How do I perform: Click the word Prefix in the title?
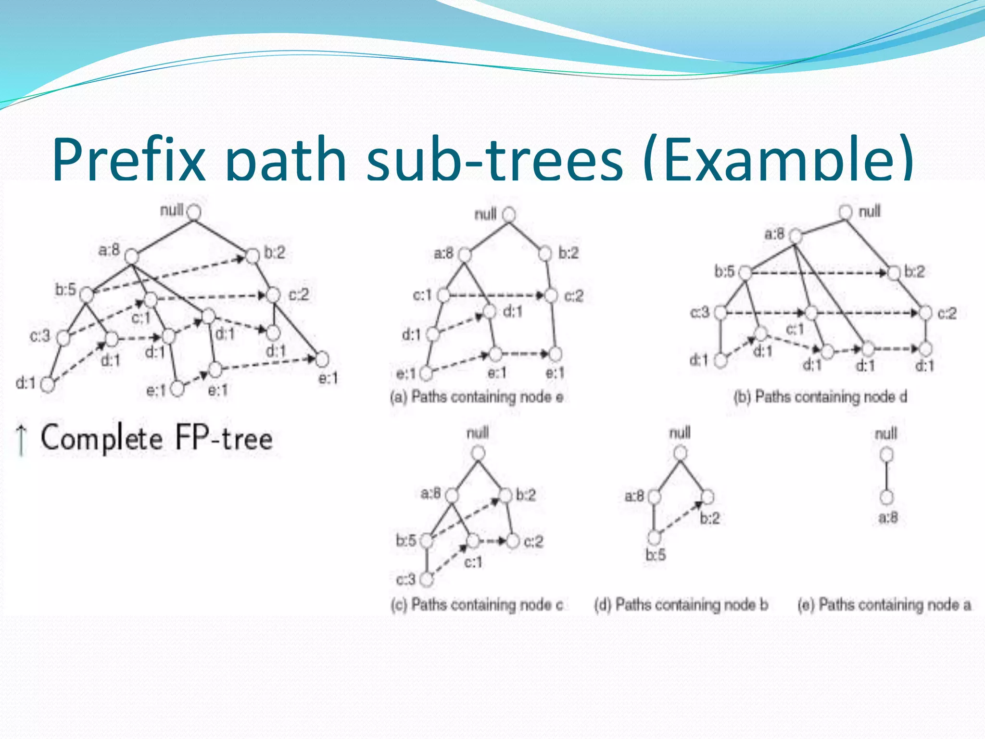tap(129, 159)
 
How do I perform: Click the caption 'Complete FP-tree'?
tap(156, 438)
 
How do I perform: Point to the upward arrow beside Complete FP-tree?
tap(21, 439)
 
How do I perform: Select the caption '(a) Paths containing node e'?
tap(477, 397)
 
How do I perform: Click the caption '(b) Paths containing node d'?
tap(820, 397)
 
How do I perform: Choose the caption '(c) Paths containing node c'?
tap(477, 604)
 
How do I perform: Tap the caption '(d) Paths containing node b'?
tap(681, 604)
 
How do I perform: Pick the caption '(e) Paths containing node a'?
tap(884, 604)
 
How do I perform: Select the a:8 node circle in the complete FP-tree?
tap(131, 256)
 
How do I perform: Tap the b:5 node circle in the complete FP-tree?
tap(87, 294)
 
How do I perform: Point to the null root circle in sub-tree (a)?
tap(509, 215)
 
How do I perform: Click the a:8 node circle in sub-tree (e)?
tap(886, 497)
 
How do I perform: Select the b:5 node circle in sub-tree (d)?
tap(654, 536)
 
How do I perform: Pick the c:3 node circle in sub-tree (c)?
tap(426, 579)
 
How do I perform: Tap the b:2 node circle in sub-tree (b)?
tap(894, 273)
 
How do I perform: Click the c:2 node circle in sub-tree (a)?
tap(551, 295)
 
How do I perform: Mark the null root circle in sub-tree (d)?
tap(680, 453)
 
